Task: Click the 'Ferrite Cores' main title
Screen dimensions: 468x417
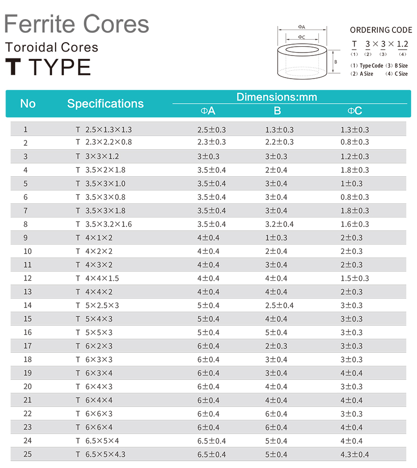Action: point(77,24)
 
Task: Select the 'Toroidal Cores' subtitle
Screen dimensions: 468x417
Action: point(52,48)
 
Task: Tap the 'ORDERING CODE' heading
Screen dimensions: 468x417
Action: point(381,30)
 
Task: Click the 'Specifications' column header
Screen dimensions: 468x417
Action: point(105,104)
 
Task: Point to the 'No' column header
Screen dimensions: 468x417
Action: point(28,104)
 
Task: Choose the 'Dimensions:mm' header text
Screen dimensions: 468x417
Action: point(277,97)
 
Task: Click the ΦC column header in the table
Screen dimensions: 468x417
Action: point(355,111)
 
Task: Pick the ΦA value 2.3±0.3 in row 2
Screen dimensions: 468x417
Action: point(211,142)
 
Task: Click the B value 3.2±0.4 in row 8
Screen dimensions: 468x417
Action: point(279,224)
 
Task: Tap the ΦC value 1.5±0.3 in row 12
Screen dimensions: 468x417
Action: point(355,278)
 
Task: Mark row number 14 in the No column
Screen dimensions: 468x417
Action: point(27,305)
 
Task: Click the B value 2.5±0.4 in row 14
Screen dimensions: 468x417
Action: point(279,305)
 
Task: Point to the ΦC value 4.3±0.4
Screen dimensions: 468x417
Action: point(355,454)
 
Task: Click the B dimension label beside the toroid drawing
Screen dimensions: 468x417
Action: point(336,62)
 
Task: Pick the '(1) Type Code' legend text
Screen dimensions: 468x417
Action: point(366,65)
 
